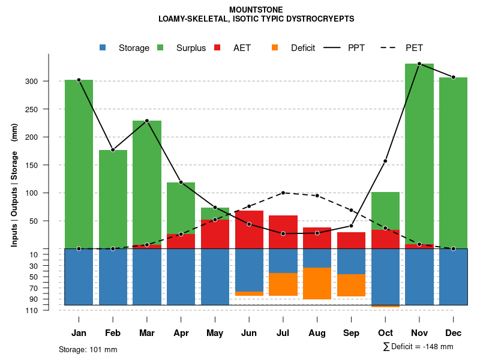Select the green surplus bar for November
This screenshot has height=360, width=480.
pos(419,154)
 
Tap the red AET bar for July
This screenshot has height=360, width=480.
pos(283,232)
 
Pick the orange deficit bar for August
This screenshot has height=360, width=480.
pos(317,283)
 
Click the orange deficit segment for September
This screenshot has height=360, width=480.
pos(351,285)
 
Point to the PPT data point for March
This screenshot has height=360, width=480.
pos(147,121)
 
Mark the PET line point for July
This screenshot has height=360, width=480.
pos(283,193)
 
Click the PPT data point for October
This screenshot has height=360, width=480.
pos(385,161)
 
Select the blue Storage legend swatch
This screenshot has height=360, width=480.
pos(103,48)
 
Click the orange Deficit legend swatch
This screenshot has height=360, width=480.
pos(275,48)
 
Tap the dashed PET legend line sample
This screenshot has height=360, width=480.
pos(390,48)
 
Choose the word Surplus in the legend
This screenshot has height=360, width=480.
pos(191,48)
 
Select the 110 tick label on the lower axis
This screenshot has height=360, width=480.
pos(32,310)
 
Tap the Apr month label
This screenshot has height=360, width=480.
pos(181,333)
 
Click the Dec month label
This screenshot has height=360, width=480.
pos(453,333)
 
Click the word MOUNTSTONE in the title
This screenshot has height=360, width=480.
pos(256,10)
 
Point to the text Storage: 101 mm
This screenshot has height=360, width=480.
pos(88,349)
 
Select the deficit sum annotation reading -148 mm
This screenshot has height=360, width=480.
pos(418,347)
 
